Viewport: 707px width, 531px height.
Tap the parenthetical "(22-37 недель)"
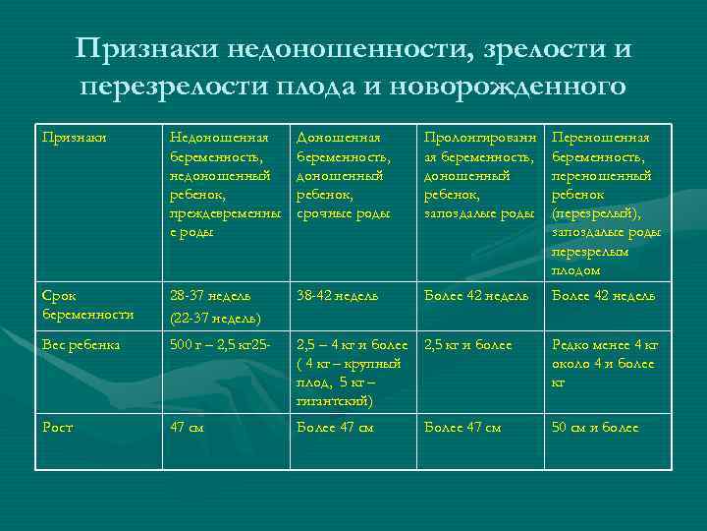pyautogui.click(x=215, y=318)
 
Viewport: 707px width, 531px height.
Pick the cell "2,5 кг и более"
pyautogui.click(x=470, y=346)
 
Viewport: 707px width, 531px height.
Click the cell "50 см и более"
pyautogui.click(x=595, y=428)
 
